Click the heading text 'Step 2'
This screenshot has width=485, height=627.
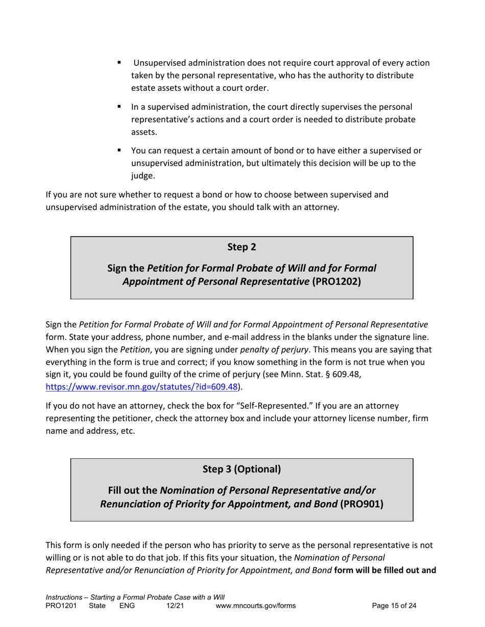pos(241,247)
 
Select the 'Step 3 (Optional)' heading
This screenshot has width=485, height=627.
pos(241,469)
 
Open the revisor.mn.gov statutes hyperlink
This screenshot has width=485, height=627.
pos(142,386)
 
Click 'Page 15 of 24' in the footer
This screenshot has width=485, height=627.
pos(394,606)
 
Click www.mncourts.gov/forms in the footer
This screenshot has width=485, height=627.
pos(256,606)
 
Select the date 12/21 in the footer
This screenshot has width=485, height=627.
pos(175,606)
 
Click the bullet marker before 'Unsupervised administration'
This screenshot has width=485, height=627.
pos(119,63)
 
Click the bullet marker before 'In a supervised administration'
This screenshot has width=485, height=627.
pos(119,107)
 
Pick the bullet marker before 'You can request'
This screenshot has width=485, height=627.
pos(119,151)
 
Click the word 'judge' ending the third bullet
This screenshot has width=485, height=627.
pos(142,176)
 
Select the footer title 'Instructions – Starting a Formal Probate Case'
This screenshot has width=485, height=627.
pos(135,597)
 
